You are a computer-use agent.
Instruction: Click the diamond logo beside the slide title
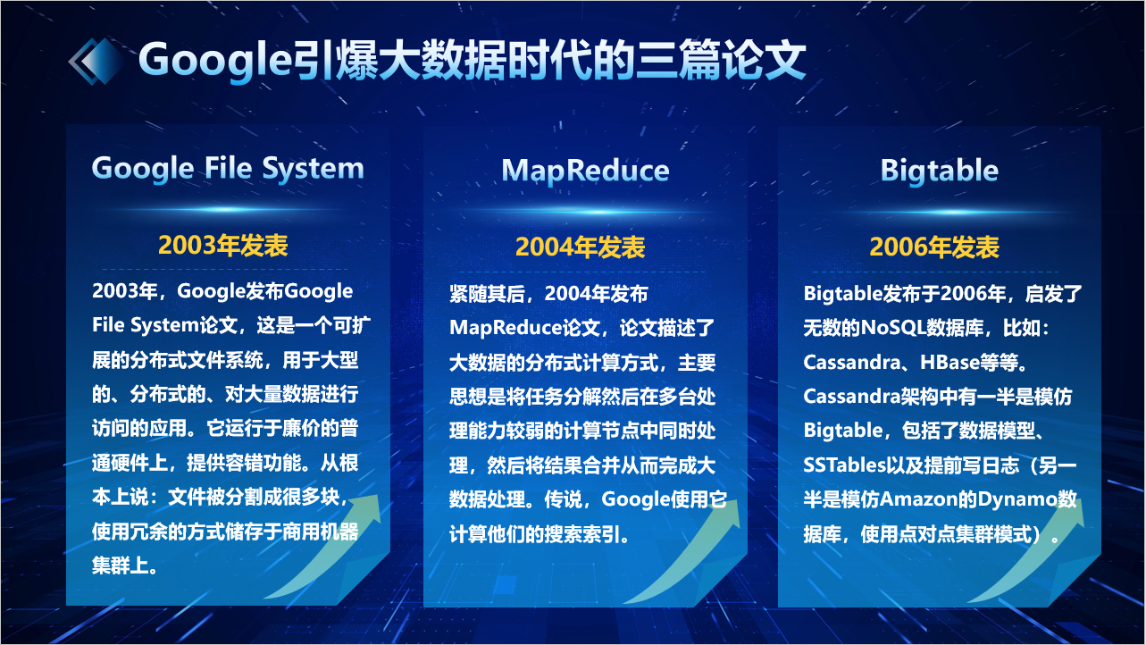click(96, 62)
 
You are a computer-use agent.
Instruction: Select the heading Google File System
click(228, 168)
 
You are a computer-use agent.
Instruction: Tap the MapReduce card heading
click(585, 171)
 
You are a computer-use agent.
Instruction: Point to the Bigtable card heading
click(940, 171)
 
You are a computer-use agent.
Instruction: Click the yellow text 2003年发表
click(223, 245)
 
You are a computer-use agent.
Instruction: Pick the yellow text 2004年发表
click(581, 247)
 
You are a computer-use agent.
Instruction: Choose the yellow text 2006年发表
click(934, 247)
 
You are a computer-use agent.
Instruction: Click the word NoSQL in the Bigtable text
click(893, 328)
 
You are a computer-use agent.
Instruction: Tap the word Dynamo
click(1017, 498)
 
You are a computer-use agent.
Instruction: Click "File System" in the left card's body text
click(146, 325)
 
